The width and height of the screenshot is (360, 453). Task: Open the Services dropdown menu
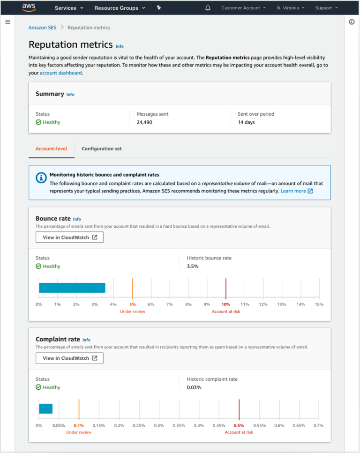pos(69,8)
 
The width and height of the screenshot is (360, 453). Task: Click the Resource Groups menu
pos(120,8)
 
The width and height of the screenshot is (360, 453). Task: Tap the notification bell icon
pos(208,8)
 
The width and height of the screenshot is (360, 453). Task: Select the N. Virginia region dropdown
pos(291,8)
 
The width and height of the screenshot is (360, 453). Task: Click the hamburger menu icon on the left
pos(7,22)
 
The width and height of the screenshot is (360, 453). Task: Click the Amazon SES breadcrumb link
pos(42,28)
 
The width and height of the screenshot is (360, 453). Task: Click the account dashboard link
pos(60,73)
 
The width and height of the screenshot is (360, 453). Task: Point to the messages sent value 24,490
pos(144,122)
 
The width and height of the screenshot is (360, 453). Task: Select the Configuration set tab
pos(101,149)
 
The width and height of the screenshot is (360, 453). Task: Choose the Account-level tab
pos(51,149)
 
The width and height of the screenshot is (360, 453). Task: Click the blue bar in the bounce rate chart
pos(72,288)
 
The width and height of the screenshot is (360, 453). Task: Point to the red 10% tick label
pos(226,304)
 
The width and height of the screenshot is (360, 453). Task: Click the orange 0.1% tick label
pos(79,425)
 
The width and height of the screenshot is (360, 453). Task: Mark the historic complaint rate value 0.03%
pos(194,387)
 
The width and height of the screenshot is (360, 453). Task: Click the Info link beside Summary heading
pos(70,95)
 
